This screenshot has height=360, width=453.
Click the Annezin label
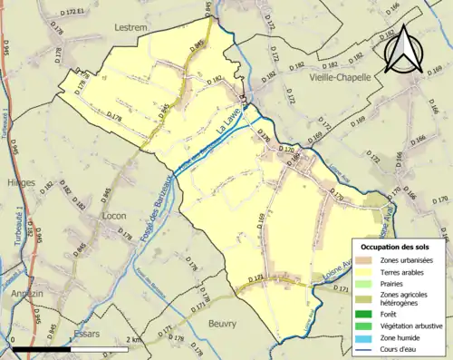pyautogui.click(x=24, y=293)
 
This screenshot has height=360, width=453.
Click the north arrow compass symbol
pyautogui.click(x=402, y=49)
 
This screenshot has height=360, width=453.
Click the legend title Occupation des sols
pyautogui.click(x=396, y=247)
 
